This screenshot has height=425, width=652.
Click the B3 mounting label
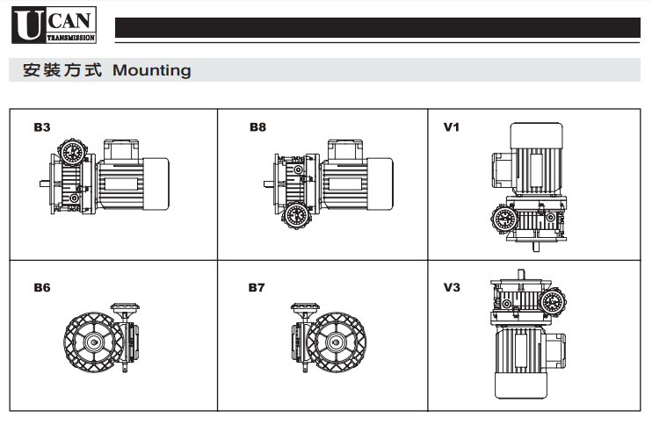pyautogui.click(x=42, y=127)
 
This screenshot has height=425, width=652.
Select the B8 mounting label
pyautogui.click(x=257, y=127)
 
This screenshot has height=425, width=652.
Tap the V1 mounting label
pyautogui.click(x=452, y=127)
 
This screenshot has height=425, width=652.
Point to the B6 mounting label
pyautogui.click(x=42, y=287)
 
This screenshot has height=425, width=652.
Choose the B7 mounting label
pyautogui.click(x=257, y=287)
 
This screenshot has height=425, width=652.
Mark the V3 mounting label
pyautogui.click(x=452, y=287)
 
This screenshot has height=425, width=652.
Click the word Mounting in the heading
pyautogui.click(x=152, y=70)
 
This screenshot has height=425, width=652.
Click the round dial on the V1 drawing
pyautogui.click(x=503, y=219)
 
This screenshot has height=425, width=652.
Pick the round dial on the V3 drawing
pyautogui.click(x=553, y=302)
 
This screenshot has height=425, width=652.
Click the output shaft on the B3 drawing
pyautogui.click(x=43, y=184)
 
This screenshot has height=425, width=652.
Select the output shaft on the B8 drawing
pyautogui.click(x=266, y=184)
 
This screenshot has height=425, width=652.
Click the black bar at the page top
pyautogui.click(x=378, y=28)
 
